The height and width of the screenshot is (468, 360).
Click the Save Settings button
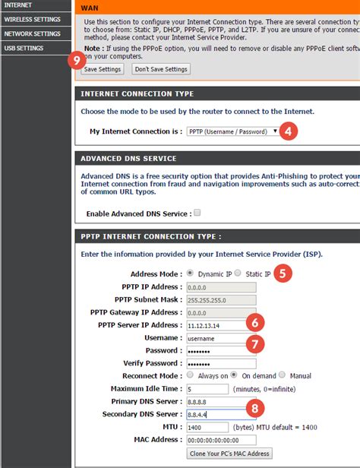(x=102, y=69)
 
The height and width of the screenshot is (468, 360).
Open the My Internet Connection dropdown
(x=232, y=131)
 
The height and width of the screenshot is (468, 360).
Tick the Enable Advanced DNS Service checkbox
(x=197, y=213)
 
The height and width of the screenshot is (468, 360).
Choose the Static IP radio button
(x=237, y=274)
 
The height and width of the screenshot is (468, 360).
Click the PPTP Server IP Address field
(x=215, y=325)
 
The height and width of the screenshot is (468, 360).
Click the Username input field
(x=215, y=338)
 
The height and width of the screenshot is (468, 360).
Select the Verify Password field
(x=215, y=363)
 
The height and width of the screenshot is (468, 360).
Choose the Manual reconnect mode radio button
(x=282, y=375)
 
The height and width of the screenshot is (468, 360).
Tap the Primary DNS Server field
(x=215, y=402)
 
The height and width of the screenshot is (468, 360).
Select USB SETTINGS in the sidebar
(x=24, y=48)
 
